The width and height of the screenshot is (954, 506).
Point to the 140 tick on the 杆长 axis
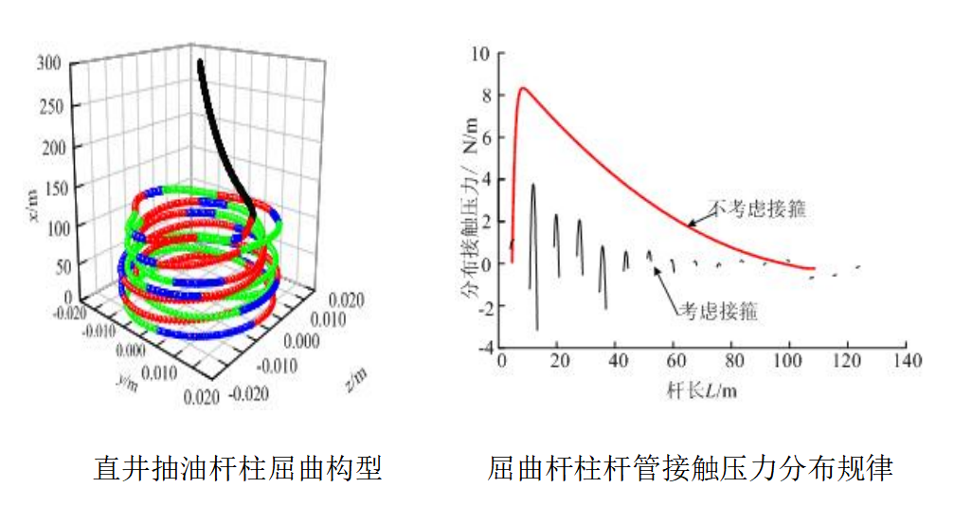(907, 362)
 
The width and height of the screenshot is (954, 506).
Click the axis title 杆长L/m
(703, 389)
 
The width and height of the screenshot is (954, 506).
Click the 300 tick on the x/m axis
(51, 63)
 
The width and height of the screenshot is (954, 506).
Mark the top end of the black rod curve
(200, 63)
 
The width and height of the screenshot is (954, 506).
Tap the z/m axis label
(357, 378)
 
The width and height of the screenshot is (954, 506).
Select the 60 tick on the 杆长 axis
(674, 362)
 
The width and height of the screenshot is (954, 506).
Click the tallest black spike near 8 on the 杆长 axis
(533, 185)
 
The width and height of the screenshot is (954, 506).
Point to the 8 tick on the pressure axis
(485, 96)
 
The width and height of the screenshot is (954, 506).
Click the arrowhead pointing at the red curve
(689, 226)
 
